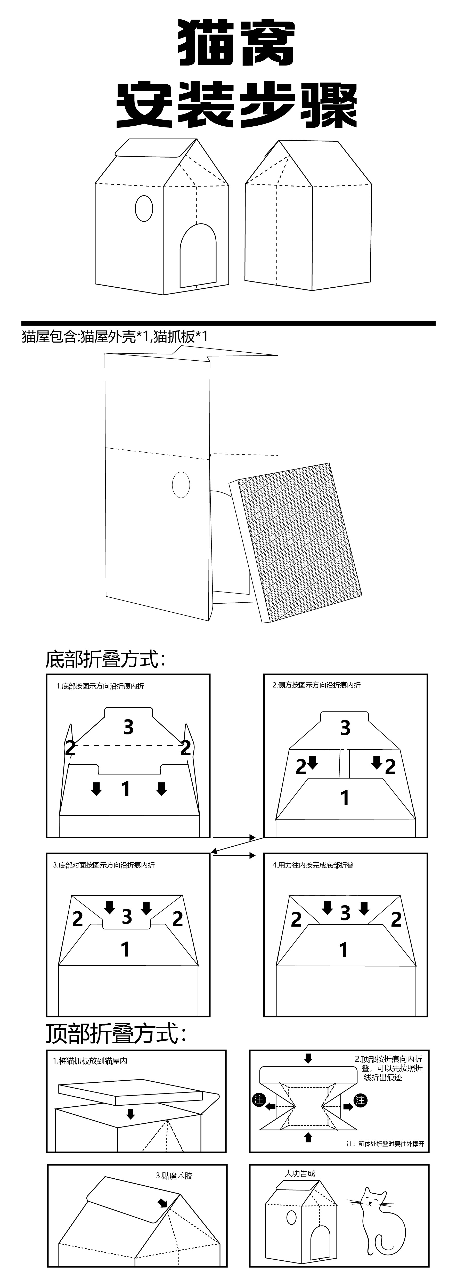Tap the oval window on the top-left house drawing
coord(144,208)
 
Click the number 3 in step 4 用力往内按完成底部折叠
coord(345,913)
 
